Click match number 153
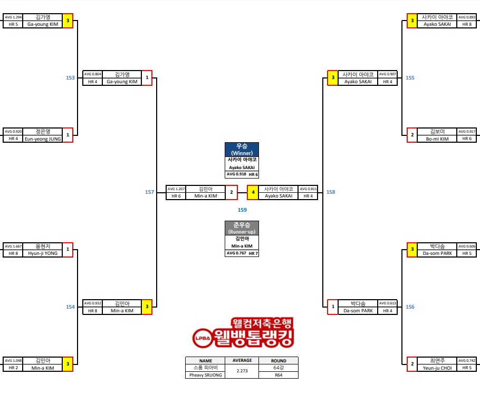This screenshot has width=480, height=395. pyautogui.click(x=70, y=77)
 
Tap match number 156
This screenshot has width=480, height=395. pyautogui.click(x=410, y=307)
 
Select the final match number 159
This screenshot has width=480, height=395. pyautogui.click(x=242, y=210)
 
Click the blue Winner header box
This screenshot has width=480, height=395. pyautogui.click(x=242, y=149)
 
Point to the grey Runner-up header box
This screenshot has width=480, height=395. pyautogui.click(x=242, y=228)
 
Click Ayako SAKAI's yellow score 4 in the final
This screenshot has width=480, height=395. pyautogui.click(x=253, y=192)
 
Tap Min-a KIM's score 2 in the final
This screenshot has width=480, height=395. pyautogui.click(x=231, y=192)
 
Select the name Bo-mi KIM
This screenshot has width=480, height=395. pyautogui.click(x=437, y=139)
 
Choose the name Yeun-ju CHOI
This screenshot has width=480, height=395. pyautogui.click(x=437, y=368)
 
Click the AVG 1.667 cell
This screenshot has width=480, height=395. pyautogui.click(x=13, y=246)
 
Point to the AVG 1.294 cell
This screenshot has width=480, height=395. pyautogui.click(x=13, y=17)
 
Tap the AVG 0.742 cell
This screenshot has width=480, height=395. pyautogui.click(x=467, y=361)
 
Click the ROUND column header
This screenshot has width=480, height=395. pyautogui.click(x=279, y=361)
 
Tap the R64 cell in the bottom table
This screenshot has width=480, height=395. pyautogui.click(x=279, y=375)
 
